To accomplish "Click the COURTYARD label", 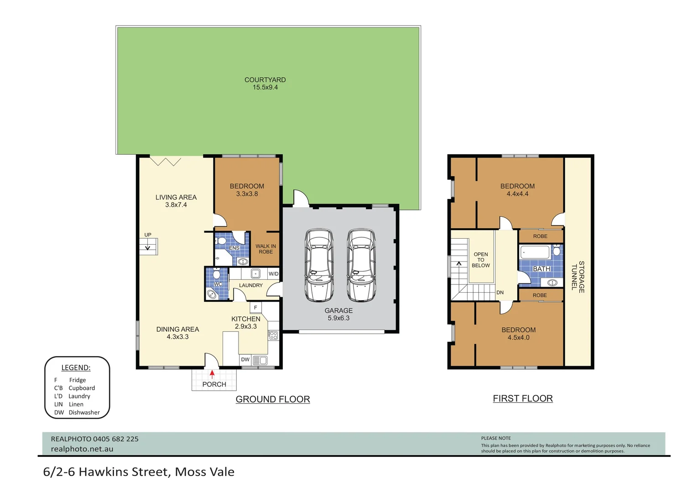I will (x=265, y=80).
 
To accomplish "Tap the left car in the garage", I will (x=319, y=265).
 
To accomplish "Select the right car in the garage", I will (x=361, y=265).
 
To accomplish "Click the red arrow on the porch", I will (x=212, y=374).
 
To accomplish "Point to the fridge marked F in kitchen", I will (x=255, y=308).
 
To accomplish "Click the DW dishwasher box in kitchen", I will (x=245, y=360).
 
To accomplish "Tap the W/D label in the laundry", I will (x=273, y=274).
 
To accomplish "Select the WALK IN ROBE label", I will (x=265, y=249).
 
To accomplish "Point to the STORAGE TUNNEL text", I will (x=578, y=277).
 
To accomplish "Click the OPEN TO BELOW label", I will (x=481, y=260).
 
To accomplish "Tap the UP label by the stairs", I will (x=148, y=235).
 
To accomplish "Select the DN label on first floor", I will (x=500, y=293).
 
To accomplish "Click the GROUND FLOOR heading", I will (x=273, y=399).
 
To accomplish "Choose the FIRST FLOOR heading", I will (x=523, y=399).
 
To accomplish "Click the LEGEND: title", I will (x=76, y=368).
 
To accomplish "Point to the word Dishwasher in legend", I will (x=84, y=413).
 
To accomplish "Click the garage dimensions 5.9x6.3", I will (x=338, y=318).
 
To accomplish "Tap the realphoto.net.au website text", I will (x=82, y=449).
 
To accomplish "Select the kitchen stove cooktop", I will (x=273, y=336).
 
